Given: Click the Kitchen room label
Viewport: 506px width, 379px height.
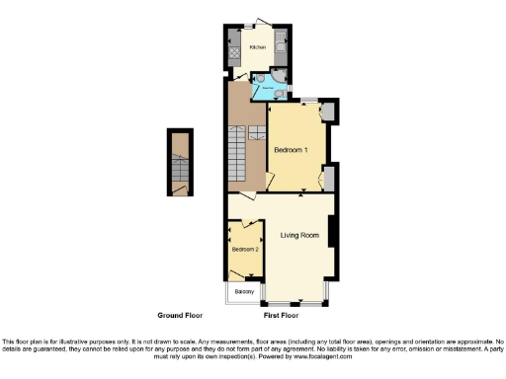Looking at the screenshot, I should coord(257,47).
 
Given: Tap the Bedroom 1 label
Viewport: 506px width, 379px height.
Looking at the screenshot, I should coord(292,149).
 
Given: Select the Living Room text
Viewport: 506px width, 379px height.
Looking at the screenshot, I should coord(299,235).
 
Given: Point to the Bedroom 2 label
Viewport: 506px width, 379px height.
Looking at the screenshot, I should coord(245,250).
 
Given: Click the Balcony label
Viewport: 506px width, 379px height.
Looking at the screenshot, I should coord(244,292).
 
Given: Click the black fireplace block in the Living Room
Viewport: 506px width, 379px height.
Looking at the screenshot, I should coord(332,233).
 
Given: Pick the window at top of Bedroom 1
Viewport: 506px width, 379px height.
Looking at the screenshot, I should coord(309,101).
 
